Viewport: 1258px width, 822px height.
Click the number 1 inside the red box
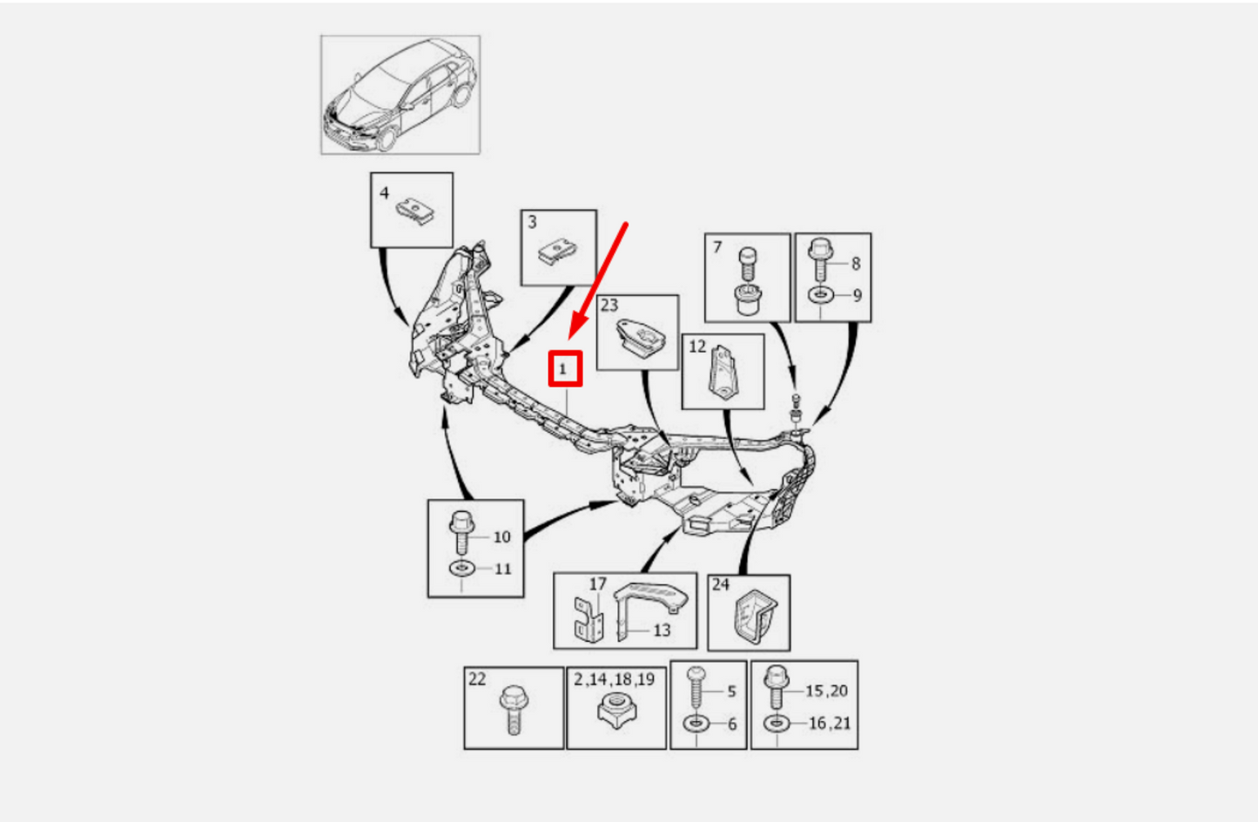tap(562, 370)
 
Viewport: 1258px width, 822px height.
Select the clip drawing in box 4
tap(415, 212)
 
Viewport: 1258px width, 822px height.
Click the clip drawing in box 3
tap(557, 252)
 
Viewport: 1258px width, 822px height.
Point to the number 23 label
tap(609, 305)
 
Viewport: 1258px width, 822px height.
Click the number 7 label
tap(717, 247)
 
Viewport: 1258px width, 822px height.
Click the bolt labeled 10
tap(461, 531)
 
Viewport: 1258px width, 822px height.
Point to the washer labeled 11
tap(461, 568)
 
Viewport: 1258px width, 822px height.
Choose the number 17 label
tap(598, 584)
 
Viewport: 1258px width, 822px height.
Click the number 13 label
tap(663, 630)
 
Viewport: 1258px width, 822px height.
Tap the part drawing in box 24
tap(754, 616)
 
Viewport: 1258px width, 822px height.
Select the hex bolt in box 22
tap(513, 709)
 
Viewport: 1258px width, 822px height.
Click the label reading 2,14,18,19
tap(615, 680)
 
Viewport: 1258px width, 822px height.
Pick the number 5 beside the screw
tap(732, 691)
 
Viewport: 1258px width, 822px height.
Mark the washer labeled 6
tap(696, 724)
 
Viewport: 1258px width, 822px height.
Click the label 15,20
tap(827, 691)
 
